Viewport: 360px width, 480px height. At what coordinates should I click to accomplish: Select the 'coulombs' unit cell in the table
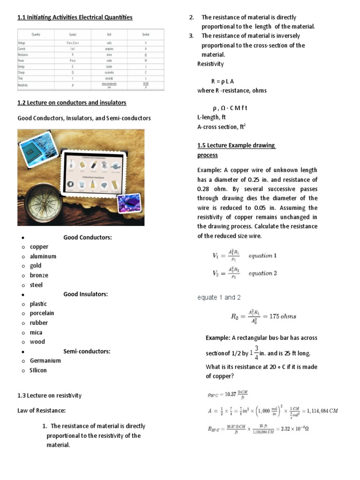point(109,73)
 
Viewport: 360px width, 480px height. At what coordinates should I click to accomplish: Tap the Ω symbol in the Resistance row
point(146,54)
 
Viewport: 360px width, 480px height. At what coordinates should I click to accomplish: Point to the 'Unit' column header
point(109,34)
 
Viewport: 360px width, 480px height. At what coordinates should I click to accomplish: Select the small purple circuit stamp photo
point(129,203)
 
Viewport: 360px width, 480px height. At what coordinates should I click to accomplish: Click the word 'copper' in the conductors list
point(39,247)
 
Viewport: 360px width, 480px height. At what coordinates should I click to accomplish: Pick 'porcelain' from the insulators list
point(42,313)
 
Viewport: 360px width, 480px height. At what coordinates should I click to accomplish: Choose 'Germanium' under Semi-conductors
point(45,360)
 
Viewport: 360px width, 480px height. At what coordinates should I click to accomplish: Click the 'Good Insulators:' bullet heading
point(85,294)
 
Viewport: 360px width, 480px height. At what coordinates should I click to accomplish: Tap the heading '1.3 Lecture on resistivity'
point(49,395)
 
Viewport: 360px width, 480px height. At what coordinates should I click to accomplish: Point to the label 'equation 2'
point(262,273)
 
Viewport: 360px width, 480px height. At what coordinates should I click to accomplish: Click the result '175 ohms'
point(281,316)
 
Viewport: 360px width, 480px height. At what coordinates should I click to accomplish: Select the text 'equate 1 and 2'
point(219,297)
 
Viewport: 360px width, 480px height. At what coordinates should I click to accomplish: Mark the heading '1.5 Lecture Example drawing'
point(236,145)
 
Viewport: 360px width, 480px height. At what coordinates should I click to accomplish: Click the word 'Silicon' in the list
point(38,370)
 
